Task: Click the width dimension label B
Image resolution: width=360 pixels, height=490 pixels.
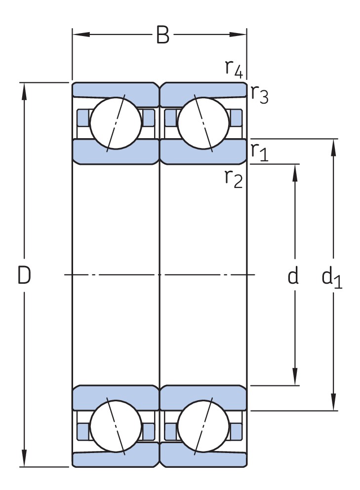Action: pyautogui.click(x=162, y=36)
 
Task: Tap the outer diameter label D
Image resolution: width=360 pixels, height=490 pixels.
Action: pyautogui.click(x=24, y=275)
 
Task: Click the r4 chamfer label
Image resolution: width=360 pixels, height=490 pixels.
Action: pyautogui.click(x=234, y=69)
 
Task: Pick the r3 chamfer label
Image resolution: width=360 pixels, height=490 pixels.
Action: pyautogui.click(x=259, y=93)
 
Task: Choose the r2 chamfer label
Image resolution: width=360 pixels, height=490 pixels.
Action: pyautogui.click(x=234, y=178)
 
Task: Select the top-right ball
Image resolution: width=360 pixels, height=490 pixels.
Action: pyautogui.click(x=203, y=121)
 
